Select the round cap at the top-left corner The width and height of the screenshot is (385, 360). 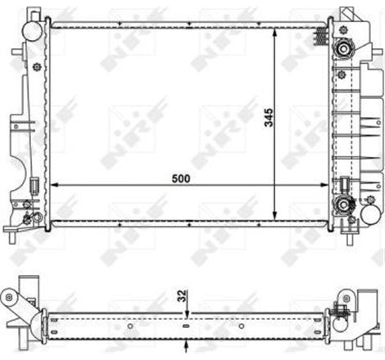pos(32,29)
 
